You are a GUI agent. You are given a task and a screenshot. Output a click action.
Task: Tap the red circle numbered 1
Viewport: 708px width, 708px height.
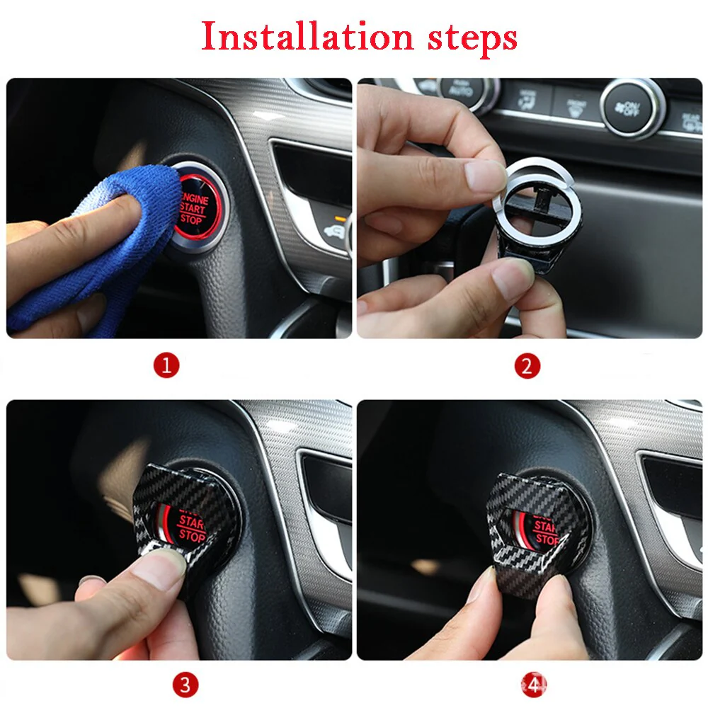point(166,366)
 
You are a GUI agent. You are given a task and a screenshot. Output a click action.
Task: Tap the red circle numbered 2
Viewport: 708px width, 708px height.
point(527,366)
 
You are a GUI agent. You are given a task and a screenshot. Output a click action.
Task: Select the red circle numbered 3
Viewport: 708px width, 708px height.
point(185,684)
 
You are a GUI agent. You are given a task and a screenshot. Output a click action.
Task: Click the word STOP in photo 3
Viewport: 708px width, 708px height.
point(191,536)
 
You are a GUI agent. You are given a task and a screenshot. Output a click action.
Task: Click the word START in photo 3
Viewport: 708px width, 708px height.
point(192,523)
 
